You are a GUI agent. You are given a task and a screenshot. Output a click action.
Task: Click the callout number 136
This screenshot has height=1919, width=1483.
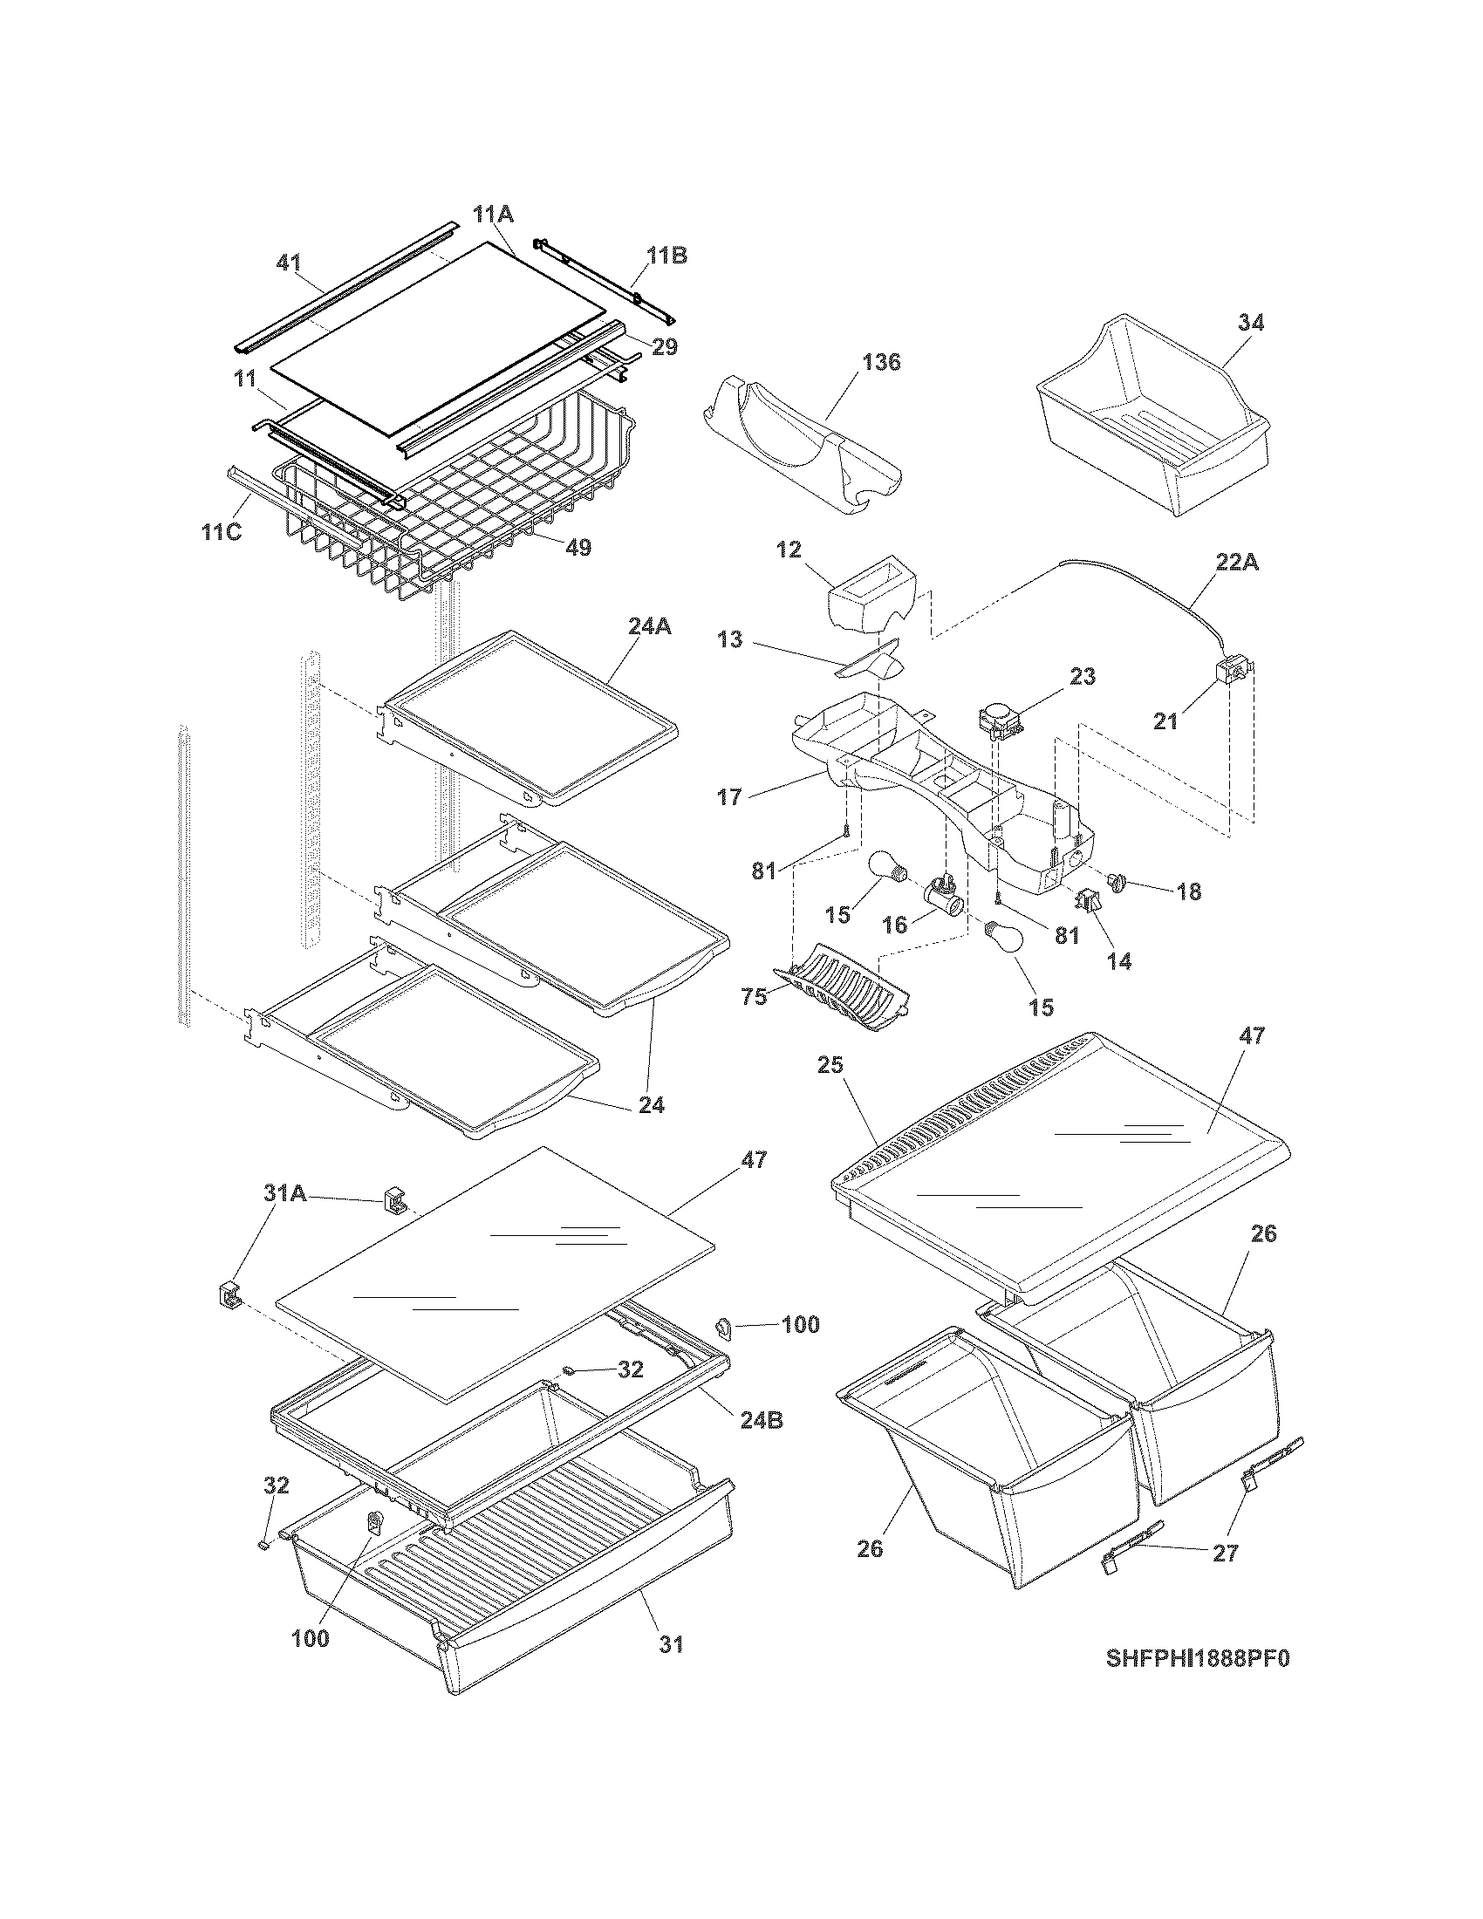click(881, 362)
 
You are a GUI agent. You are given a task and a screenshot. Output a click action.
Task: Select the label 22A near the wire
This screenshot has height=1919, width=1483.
click(1236, 563)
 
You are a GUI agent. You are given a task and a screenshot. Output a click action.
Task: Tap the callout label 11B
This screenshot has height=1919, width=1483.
click(666, 256)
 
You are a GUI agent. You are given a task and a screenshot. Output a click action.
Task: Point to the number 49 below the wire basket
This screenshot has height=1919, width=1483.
click(577, 548)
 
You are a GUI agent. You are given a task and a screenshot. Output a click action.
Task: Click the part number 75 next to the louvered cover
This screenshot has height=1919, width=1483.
click(755, 997)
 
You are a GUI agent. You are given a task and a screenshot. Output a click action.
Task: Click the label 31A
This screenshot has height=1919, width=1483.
click(284, 1193)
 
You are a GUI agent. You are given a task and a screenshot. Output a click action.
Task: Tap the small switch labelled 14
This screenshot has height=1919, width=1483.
click(1089, 902)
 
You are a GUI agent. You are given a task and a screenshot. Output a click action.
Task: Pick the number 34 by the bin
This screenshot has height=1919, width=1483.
click(1250, 323)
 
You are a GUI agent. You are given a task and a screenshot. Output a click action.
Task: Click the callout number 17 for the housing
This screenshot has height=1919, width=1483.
click(729, 797)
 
